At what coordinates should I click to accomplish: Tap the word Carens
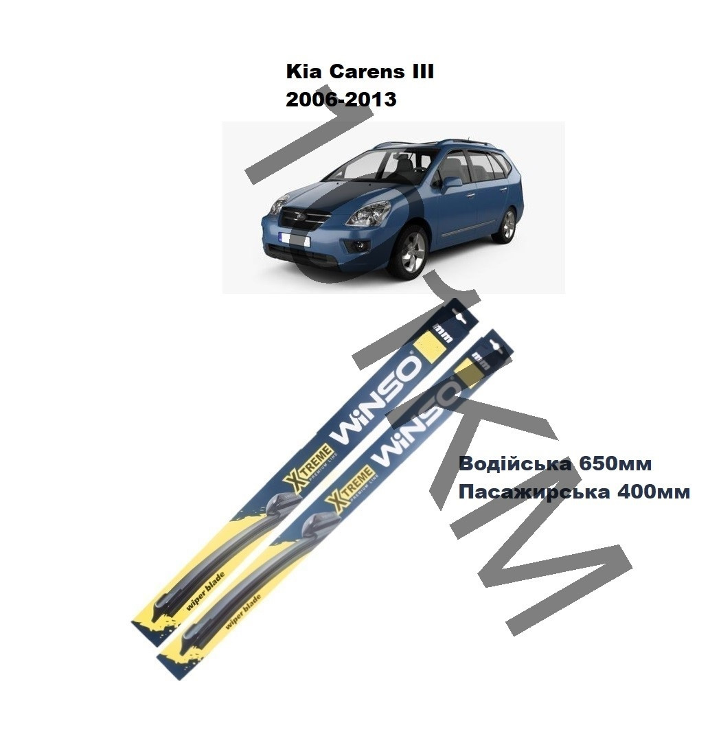[361, 72]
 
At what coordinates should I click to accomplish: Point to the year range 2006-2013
[341, 99]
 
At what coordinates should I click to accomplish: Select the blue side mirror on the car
[450, 184]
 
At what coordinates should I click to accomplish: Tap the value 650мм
[615, 463]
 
